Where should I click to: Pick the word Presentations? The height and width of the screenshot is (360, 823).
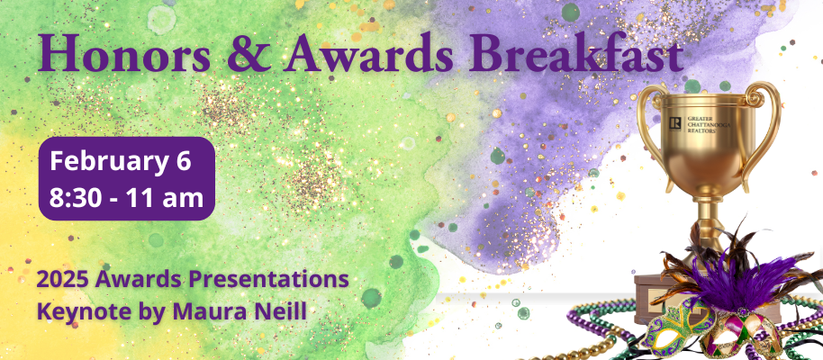270,278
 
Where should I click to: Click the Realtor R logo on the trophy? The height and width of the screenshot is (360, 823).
675,123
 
